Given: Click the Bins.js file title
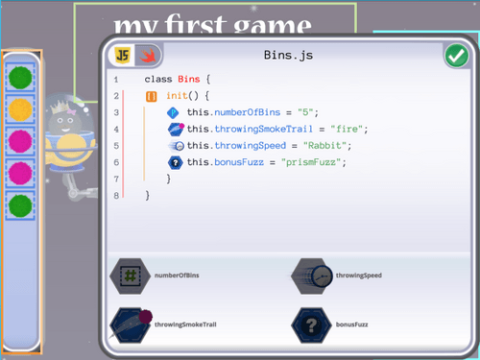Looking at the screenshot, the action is (x=288, y=56).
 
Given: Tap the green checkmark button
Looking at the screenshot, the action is (x=456, y=56).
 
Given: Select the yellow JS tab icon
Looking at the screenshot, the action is (x=123, y=55).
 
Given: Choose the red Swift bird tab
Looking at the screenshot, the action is (x=148, y=55).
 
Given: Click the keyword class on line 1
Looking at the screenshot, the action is (x=158, y=79).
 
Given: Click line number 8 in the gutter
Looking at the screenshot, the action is (x=116, y=195).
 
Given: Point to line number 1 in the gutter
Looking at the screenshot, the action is (x=116, y=79).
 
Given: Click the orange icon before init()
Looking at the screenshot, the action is (x=152, y=96).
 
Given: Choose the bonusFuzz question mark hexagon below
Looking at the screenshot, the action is (x=312, y=324).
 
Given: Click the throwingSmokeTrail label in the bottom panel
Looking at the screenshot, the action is (x=185, y=324).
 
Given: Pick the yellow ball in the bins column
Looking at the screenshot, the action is (x=20, y=108).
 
